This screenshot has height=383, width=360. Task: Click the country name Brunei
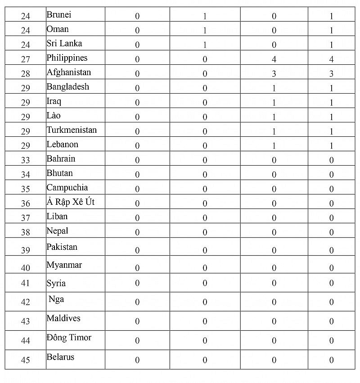click(x=59, y=15)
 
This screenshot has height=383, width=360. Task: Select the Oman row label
click(x=58, y=29)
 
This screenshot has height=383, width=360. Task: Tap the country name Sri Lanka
click(x=64, y=44)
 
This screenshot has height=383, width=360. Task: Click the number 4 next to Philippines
click(x=274, y=59)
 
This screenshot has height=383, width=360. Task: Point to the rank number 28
click(x=26, y=73)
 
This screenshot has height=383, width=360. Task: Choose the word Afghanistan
click(x=69, y=72)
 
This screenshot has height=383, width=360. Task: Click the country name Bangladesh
click(x=68, y=87)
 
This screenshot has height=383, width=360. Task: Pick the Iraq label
click(x=54, y=102)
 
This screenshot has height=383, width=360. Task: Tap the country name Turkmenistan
click(x=72, y=130)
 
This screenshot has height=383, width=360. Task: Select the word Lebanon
click(x=63, y=144)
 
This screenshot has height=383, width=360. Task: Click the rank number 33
click(x=26, y=160)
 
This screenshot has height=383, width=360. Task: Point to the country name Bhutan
click(x=59, y=173)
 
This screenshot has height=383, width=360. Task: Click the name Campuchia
click(x=67, y=188)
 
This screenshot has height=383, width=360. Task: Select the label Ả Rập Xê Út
click(x=71, y=202)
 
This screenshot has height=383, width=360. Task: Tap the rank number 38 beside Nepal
click(x=26, y=232)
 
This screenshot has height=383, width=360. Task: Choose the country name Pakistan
click(x=62, y=247)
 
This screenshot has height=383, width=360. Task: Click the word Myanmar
click(x=64, y=265)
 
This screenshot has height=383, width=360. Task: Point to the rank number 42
click(x=26, y=302)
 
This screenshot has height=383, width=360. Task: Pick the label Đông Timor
click(x=69, y=338)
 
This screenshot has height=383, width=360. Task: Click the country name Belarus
click(x=60, y=357)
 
